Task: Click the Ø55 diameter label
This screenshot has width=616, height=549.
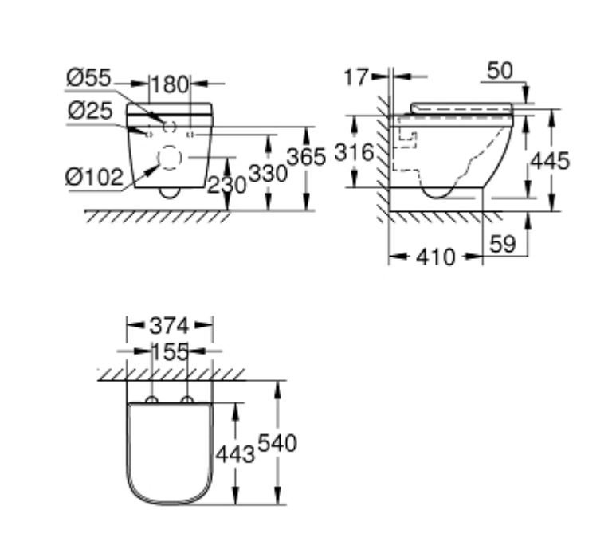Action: click(x=89, y=78)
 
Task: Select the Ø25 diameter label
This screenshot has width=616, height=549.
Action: click(x=90, y=111)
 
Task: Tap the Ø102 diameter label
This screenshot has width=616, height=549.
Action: click(x=94, y=177)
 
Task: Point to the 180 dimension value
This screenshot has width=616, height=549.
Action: click(x=170, y=84)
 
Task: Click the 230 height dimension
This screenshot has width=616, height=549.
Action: click(x=226, y=185)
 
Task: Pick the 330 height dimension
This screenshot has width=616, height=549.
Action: click(x=269, y=174)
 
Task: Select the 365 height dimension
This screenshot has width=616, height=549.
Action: click(x=307, y=157)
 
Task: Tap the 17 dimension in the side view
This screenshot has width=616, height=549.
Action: click(x=357, y=77)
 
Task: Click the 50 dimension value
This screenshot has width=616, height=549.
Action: click(x=500, y=71)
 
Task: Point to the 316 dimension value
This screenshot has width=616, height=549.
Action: click(x=354, y=152)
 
